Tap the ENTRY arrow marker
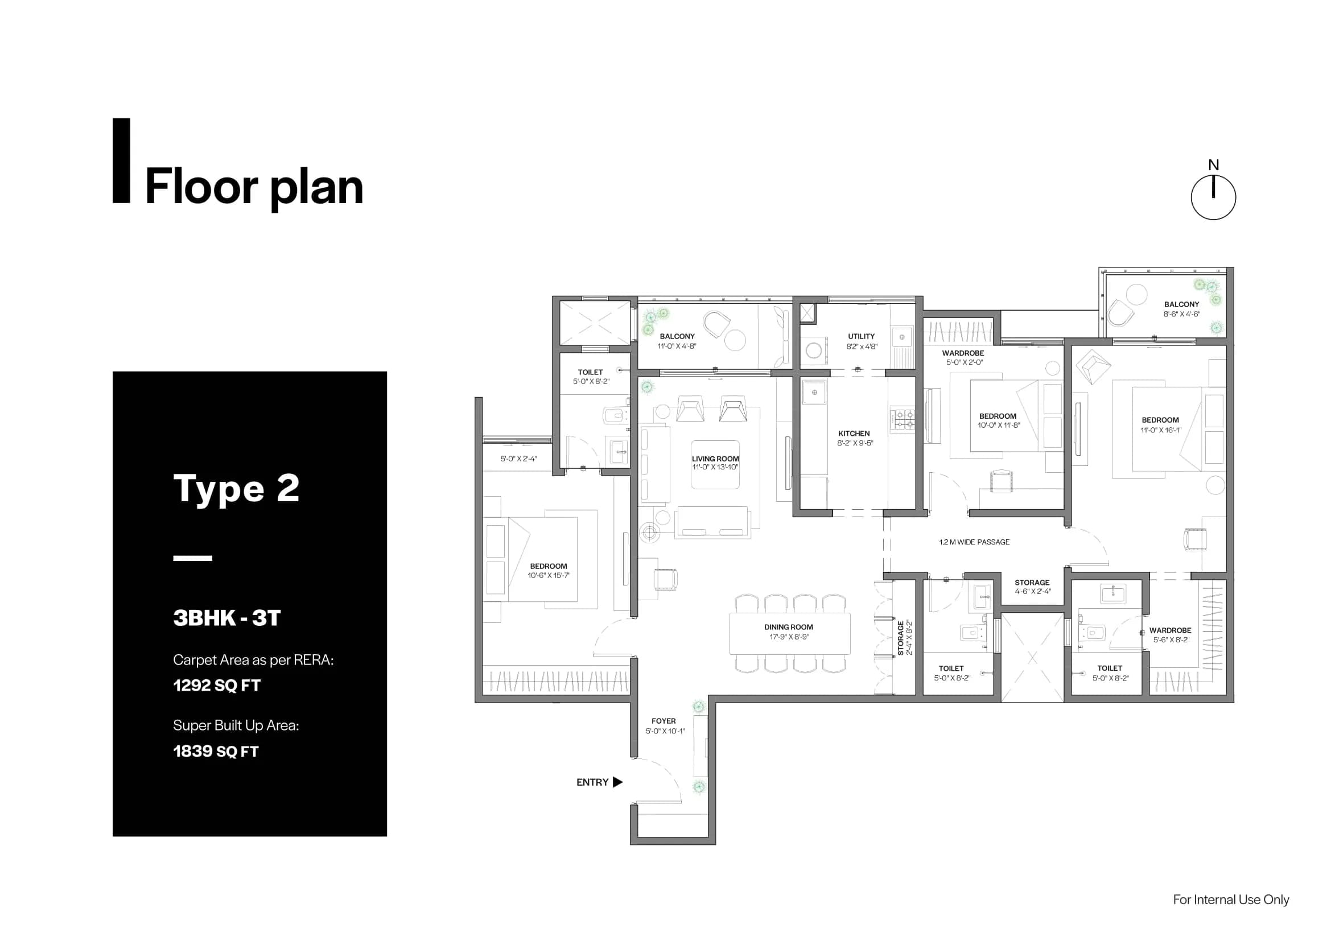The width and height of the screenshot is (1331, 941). click(x=617, y=782)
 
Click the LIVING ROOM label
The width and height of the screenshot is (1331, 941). click(x=715, y=459)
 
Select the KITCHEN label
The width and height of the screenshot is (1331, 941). click(x=854, y=434)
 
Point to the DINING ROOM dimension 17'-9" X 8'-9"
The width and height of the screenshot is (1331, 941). click(x=789, y=637)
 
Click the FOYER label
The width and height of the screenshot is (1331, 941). click(x=663, y=721)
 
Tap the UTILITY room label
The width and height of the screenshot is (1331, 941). click(x=861, y=336)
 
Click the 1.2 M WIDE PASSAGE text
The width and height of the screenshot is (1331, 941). click(x=974, y=542)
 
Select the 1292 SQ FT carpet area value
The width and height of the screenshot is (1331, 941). click(x=217, y=686)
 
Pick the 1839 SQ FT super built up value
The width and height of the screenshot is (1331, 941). click(x=216, y=751)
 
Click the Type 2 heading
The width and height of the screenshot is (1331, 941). click(x=236, y=488)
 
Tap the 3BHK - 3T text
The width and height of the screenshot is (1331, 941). click(x=226, y=618)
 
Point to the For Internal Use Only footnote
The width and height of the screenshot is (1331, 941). click(x=1231, y=899)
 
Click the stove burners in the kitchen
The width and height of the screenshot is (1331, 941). click(x=902, y=419)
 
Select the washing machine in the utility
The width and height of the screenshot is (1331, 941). click(x=814, y=350)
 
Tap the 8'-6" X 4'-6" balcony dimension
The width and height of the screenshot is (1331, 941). click(x=1181, y=314)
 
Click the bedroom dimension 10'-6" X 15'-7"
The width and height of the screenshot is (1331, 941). click(x=549, y=575)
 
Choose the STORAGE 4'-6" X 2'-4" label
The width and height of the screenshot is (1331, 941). click(x=1032, y=587)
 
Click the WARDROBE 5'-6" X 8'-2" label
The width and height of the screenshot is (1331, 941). click(x=1170, y=634)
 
